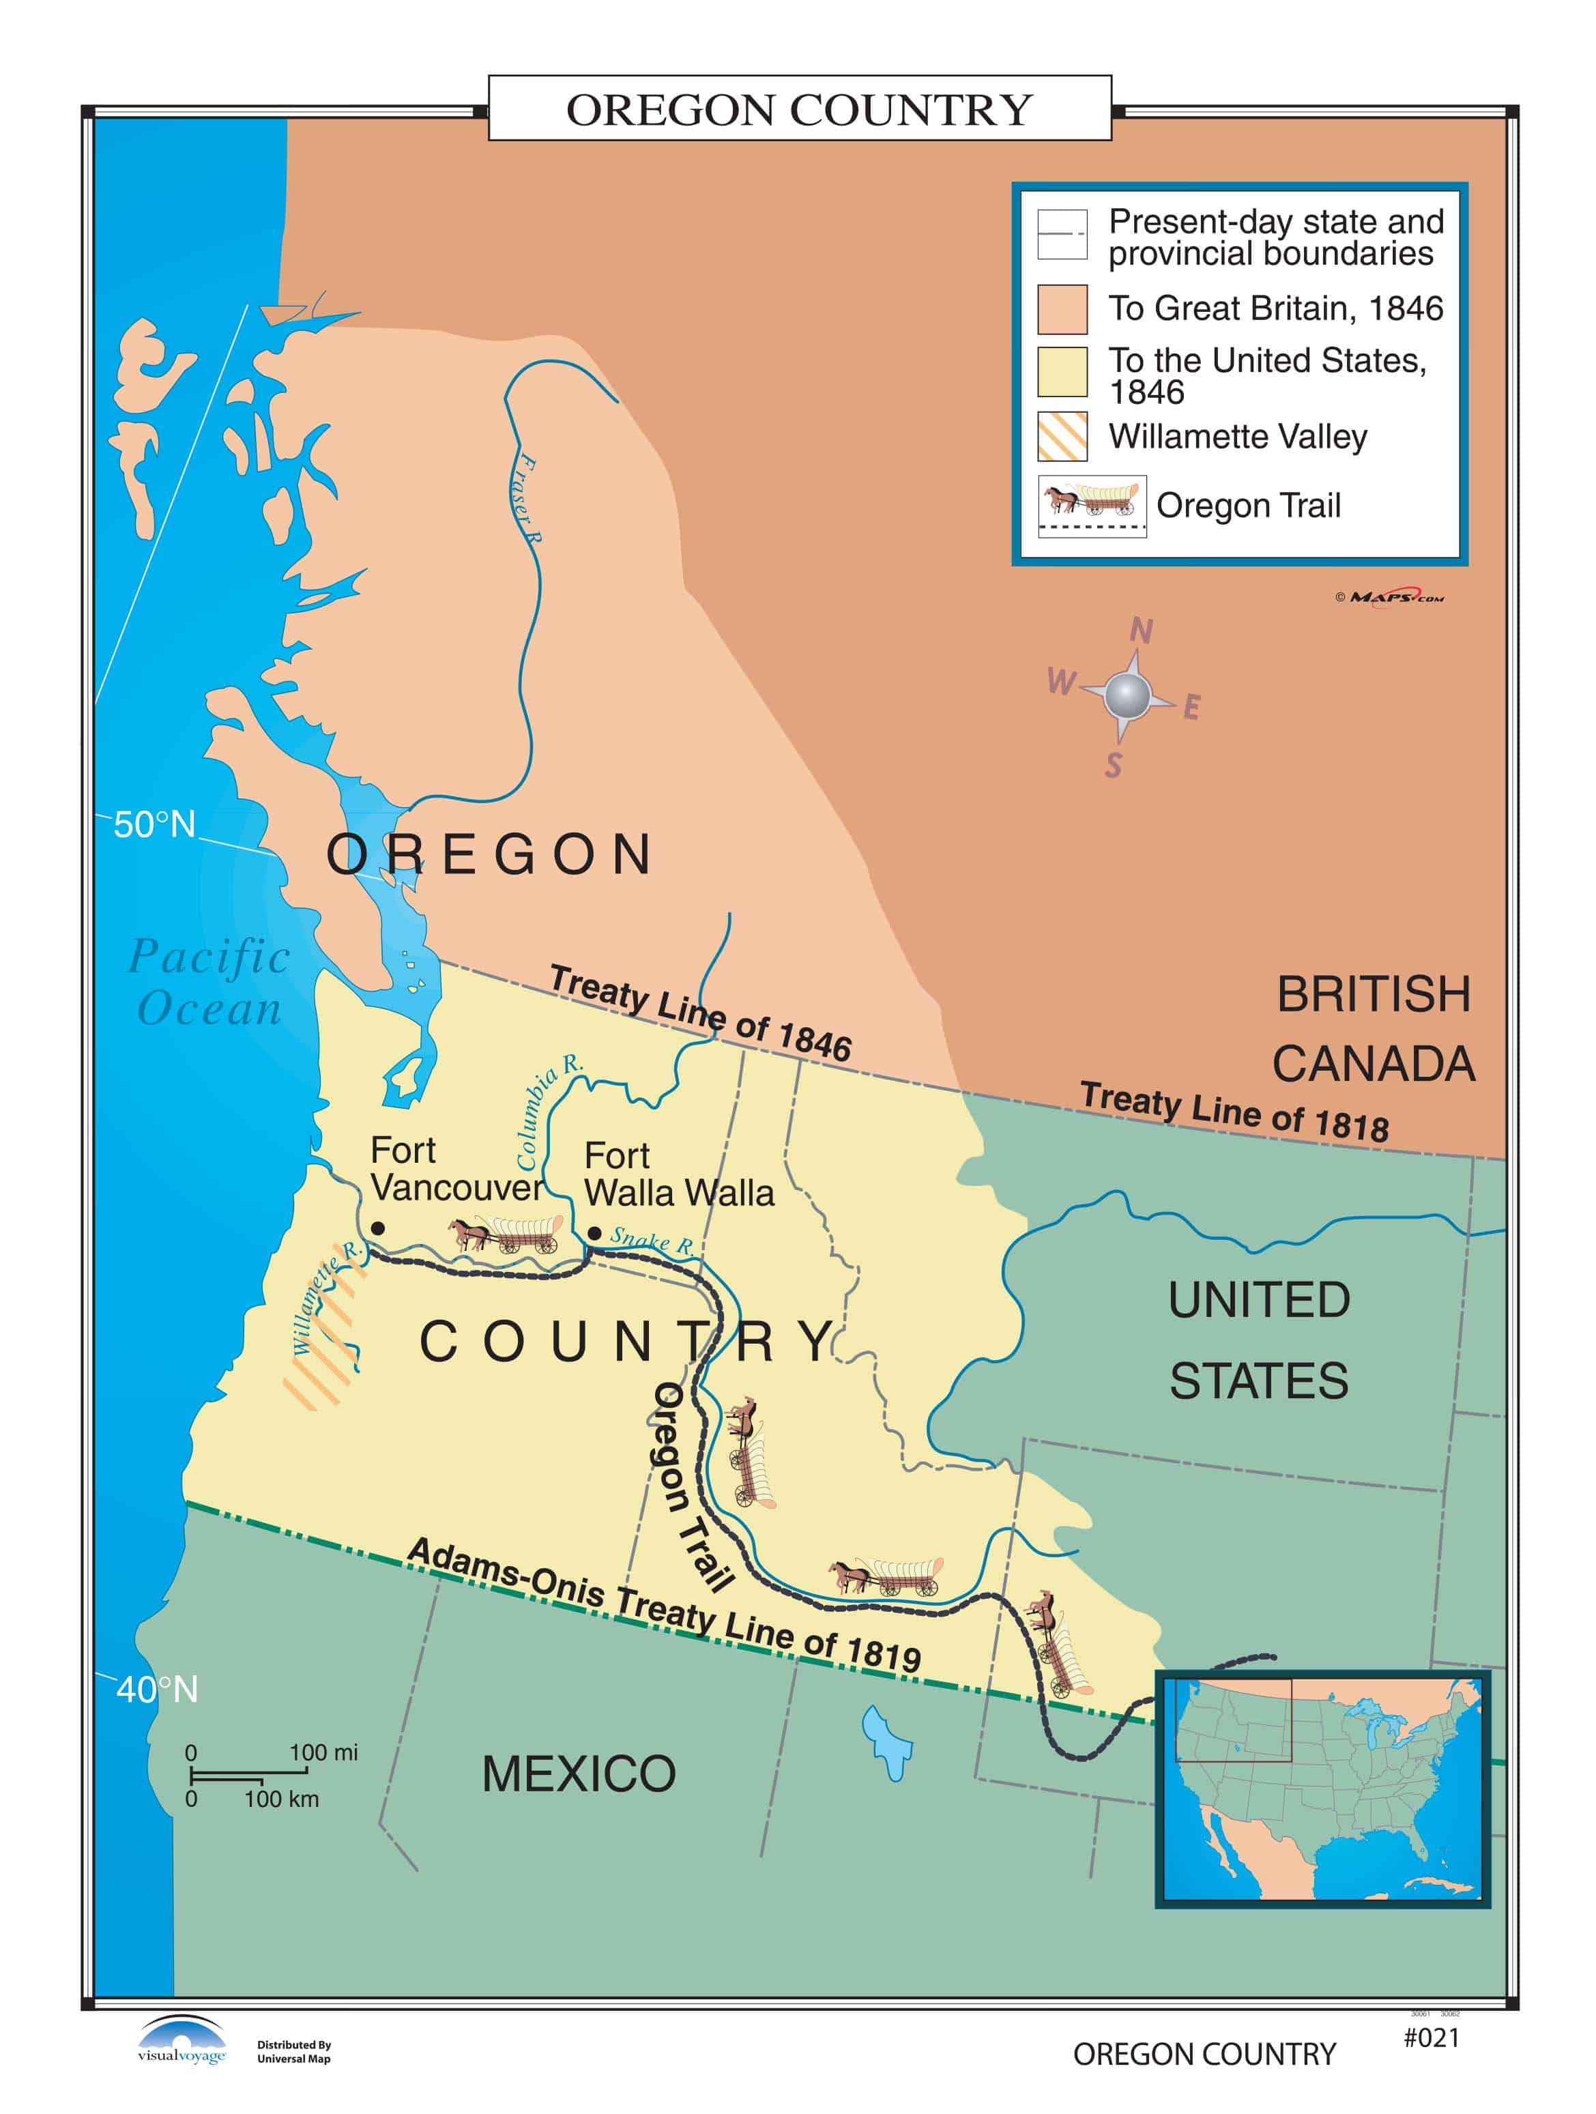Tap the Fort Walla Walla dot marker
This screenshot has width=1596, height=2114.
click(x=594, y=1234)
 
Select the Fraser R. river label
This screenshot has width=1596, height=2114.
click(x=524, y=499)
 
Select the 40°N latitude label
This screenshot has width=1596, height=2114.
click(x=157, y=1690)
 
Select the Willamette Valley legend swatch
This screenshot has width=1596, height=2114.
click(x=1062, y=437)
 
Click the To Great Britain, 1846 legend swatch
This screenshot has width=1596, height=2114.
click(x=1062, y=308)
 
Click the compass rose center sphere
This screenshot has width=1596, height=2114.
click(x=1127, y=694)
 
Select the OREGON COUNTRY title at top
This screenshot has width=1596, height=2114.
click(x=799, y=109)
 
